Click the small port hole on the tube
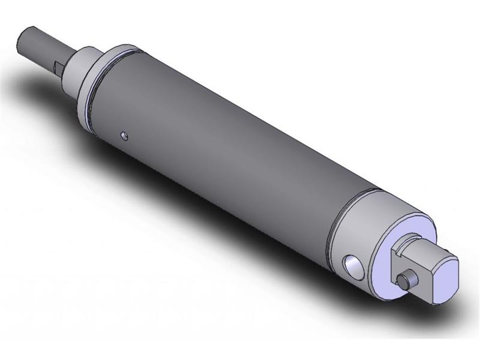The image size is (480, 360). (124, 136)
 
